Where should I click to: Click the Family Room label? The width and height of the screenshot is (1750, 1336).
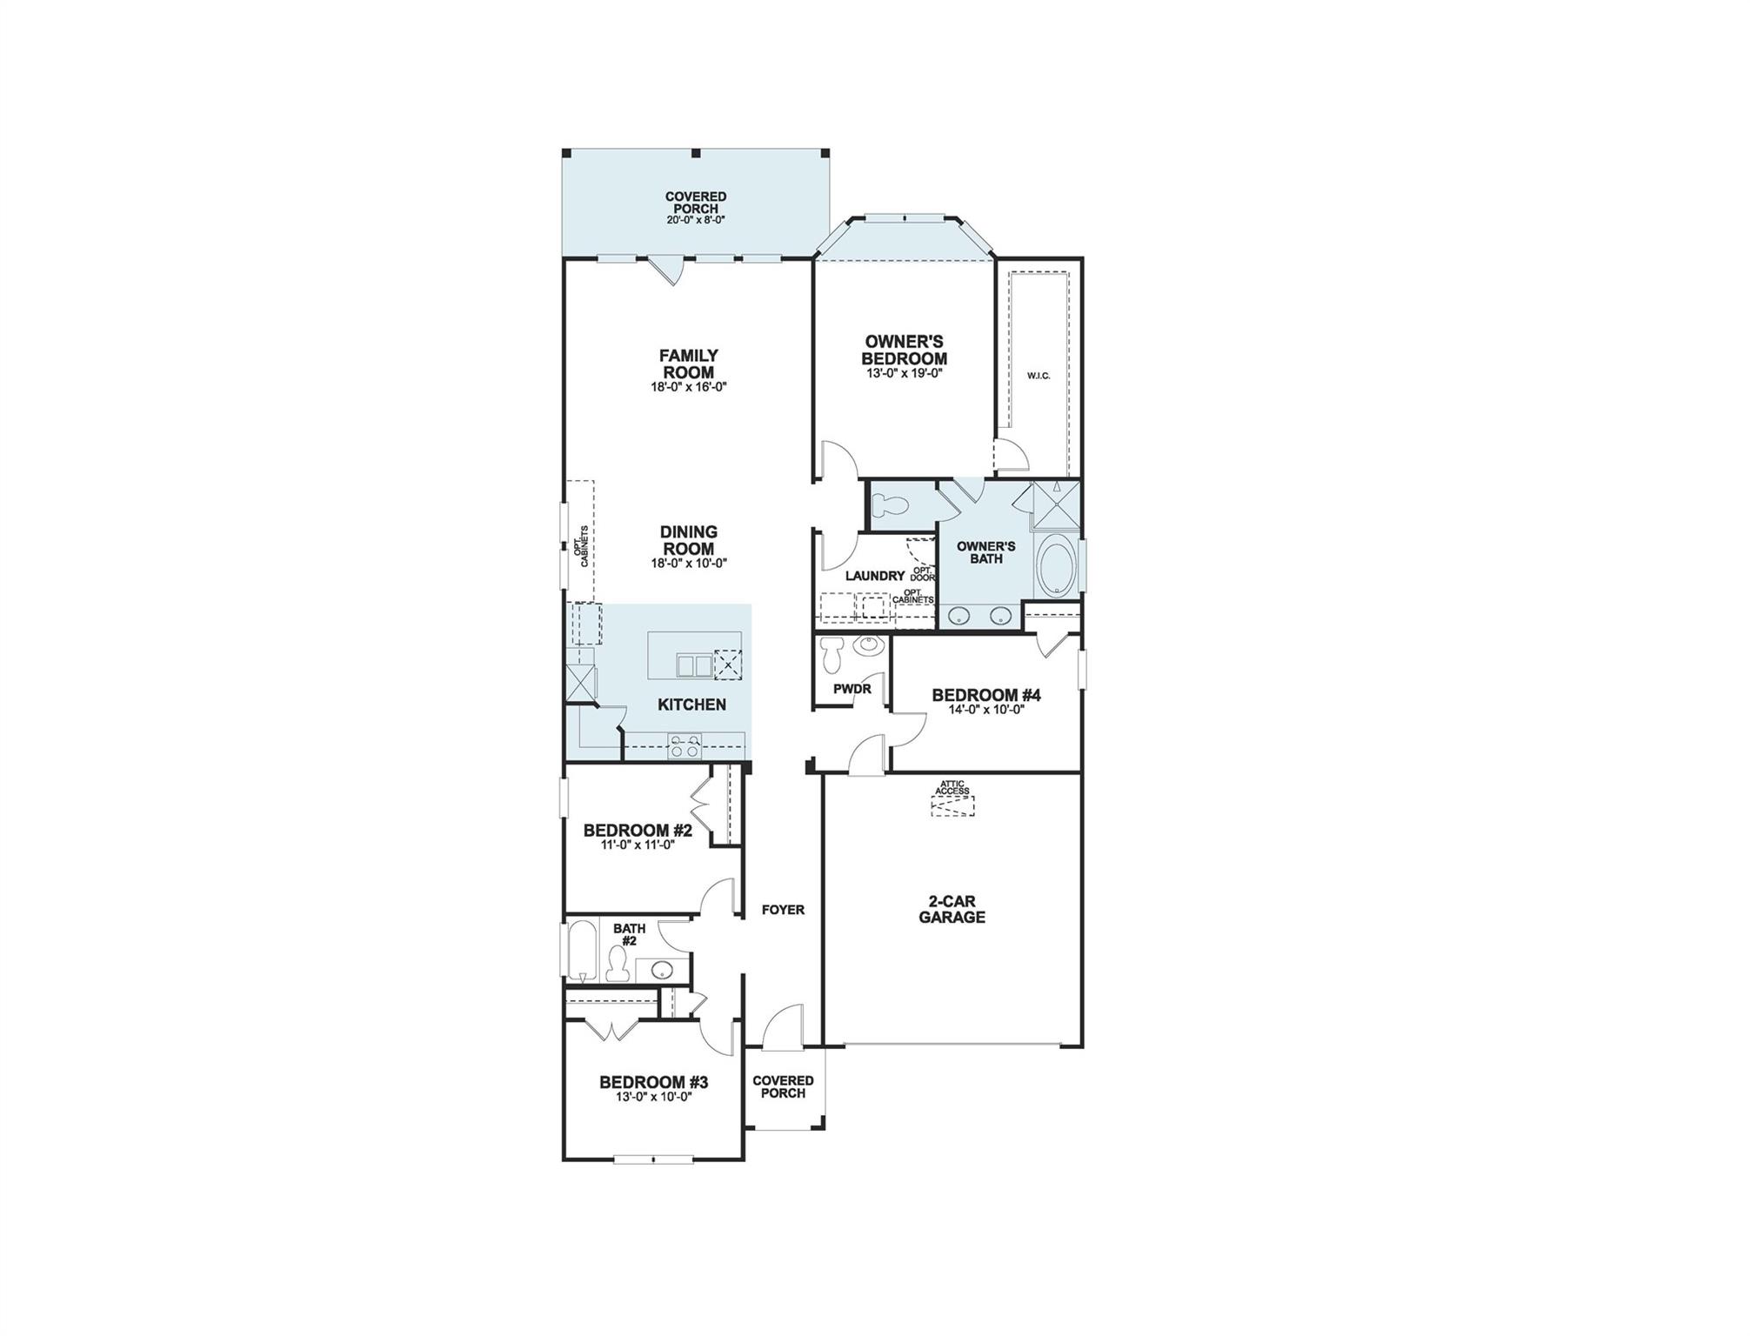tap(688, 364)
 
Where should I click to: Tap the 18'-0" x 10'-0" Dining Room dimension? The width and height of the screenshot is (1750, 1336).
tap(688, 564)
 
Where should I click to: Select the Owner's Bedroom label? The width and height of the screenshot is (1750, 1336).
tap(904, 350)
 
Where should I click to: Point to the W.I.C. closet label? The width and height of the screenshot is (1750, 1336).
tap(1039, 376)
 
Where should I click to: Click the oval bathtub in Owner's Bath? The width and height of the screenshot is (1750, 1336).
tap(1056, 567)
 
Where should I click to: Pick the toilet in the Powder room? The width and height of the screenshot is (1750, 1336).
tap(833, 654)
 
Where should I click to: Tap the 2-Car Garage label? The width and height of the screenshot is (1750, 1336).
tap(952, 910)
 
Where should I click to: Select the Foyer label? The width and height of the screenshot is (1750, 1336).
tap(783, 910)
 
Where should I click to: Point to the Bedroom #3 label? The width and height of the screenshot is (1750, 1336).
tap(653, 1082)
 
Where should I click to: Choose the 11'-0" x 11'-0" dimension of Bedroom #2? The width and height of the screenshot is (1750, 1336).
tap(638, 845)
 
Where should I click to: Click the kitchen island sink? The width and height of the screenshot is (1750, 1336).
tap(693, 665)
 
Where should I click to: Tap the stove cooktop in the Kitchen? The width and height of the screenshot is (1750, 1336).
tap(684, 746)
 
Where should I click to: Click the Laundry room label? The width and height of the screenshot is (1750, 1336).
tap(874, 576)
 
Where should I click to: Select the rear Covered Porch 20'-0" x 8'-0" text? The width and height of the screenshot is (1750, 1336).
tap(696, 220)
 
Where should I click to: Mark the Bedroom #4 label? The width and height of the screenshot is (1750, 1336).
tap(985, 695)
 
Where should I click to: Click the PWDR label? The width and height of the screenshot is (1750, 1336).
tap(852, 689)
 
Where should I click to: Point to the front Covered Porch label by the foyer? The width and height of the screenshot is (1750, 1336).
tap(783, 1086)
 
